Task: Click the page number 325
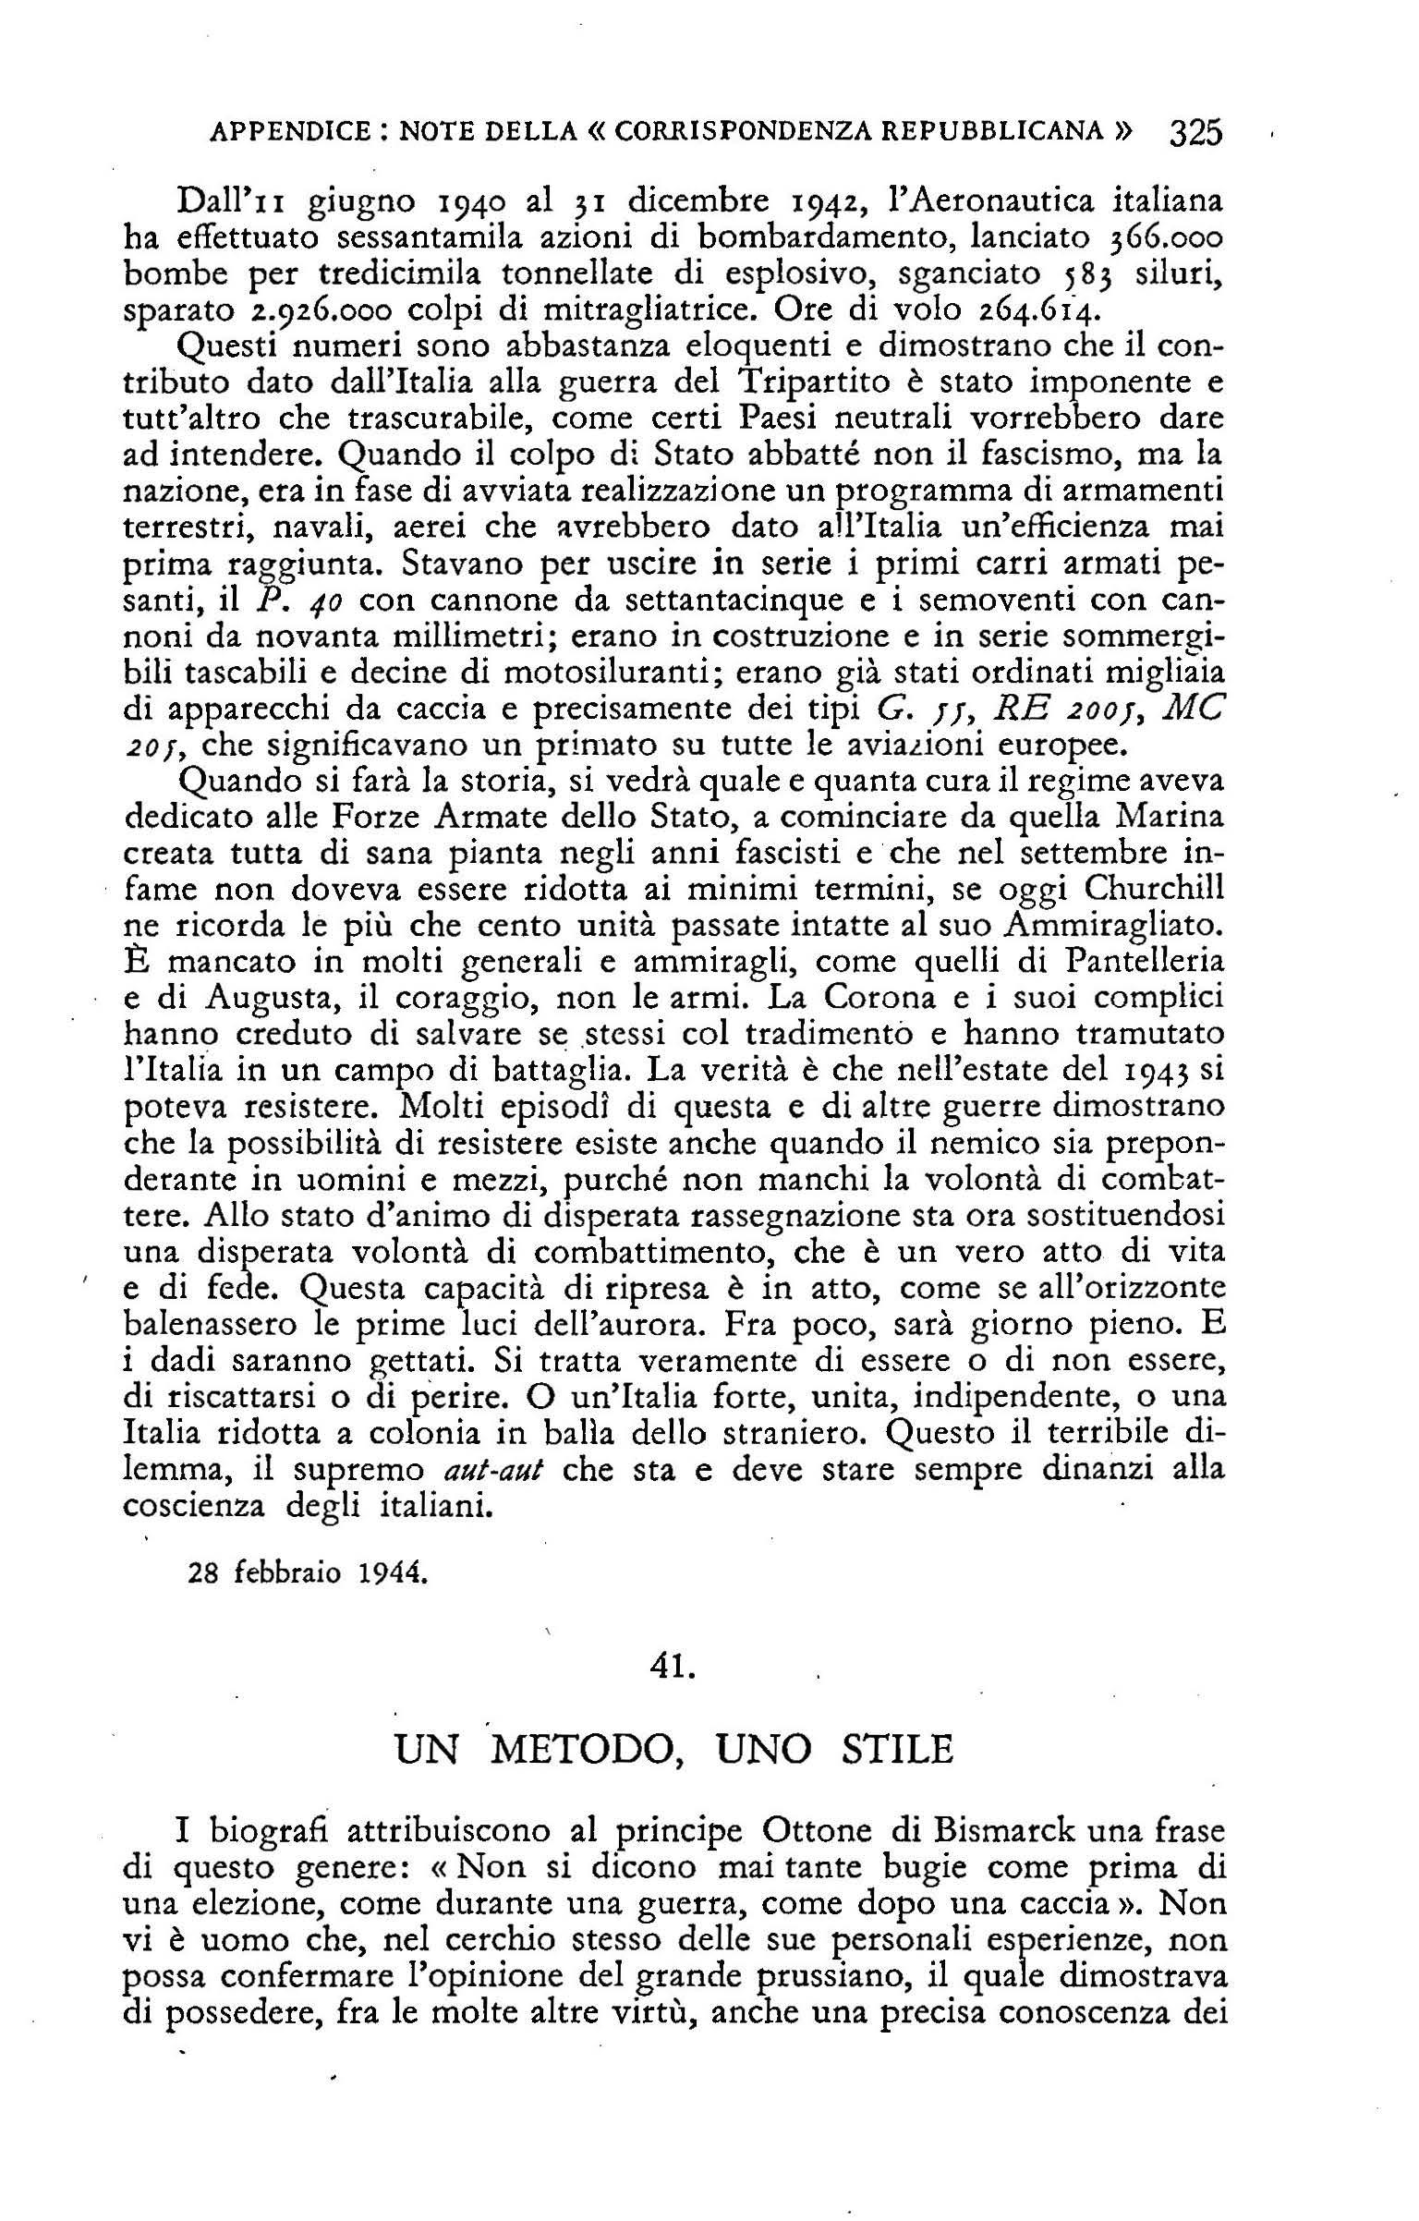(x=1195, y=133)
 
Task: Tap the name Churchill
(x=1155, y=890)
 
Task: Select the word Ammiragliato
(x=1118, y=926)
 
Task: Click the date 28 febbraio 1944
(x=308, y=1572)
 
